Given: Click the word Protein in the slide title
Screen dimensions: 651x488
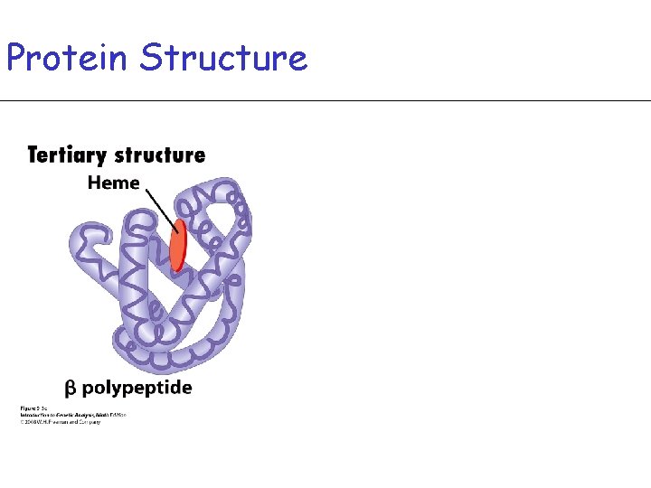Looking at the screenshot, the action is click(x=68, y=58).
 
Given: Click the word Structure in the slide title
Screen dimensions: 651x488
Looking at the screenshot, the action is click(x=224, y=58).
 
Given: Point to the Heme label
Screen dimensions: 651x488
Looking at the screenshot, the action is click(x=113, y=183).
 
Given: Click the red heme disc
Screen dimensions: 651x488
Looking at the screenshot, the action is click(x=178, y=244).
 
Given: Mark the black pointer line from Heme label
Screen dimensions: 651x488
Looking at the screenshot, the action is click(x=159, y=207).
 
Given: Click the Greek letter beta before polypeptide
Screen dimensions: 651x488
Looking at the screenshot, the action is click(x=71, y=389).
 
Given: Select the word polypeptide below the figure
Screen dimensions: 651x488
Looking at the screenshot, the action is click(x=137, y=389).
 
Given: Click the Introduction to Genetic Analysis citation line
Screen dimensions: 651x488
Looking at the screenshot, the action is click(x=73, y=415).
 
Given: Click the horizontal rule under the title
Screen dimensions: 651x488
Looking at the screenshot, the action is click(x=325, y=100).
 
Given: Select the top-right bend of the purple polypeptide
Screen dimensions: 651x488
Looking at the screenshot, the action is click(x=240, y=194).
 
